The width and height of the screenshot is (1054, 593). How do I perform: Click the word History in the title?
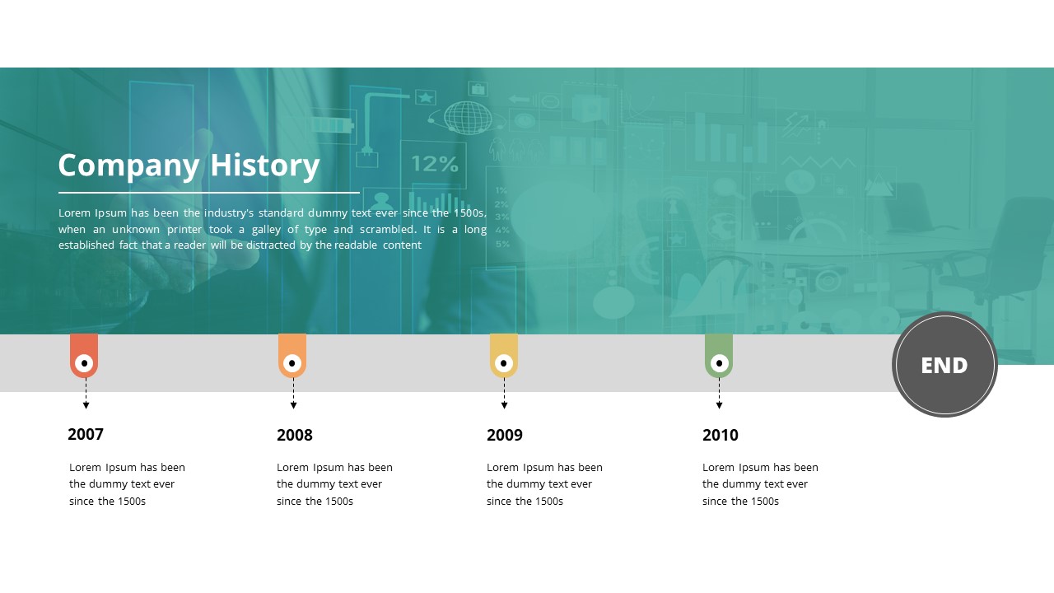point(264,166)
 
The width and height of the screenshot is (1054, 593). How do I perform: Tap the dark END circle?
point(944,365)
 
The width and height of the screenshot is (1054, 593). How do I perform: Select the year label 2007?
point(86,434)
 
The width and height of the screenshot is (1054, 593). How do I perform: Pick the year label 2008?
point(295,435)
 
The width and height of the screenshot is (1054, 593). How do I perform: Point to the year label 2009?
point(505,435)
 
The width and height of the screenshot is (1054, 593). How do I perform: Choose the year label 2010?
point(721,435)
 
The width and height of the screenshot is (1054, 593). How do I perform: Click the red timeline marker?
point(84,355)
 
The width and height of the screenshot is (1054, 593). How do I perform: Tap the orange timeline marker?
point(292,355)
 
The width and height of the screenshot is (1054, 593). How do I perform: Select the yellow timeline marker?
point(504,355)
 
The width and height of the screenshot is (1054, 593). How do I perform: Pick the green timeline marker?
point(719,355)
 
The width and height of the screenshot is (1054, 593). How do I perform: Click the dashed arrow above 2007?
point(86,394)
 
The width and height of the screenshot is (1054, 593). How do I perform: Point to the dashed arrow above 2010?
point(719,394)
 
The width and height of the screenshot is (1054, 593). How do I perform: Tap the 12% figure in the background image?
point(434,163)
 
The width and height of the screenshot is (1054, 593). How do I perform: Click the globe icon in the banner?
point(468,118)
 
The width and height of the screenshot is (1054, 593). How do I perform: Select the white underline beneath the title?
point(209,193)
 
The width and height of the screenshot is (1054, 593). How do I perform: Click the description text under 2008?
point(334,484)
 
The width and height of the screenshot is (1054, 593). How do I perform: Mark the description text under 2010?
point(760,484)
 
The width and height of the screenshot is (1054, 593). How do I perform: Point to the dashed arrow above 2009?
point(504,394)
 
